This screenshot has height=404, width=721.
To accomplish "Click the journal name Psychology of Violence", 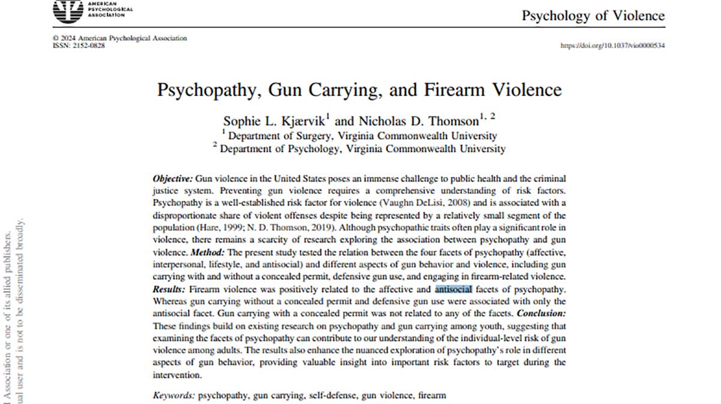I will point(593,16).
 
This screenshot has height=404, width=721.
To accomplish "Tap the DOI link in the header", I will point(612,46).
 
